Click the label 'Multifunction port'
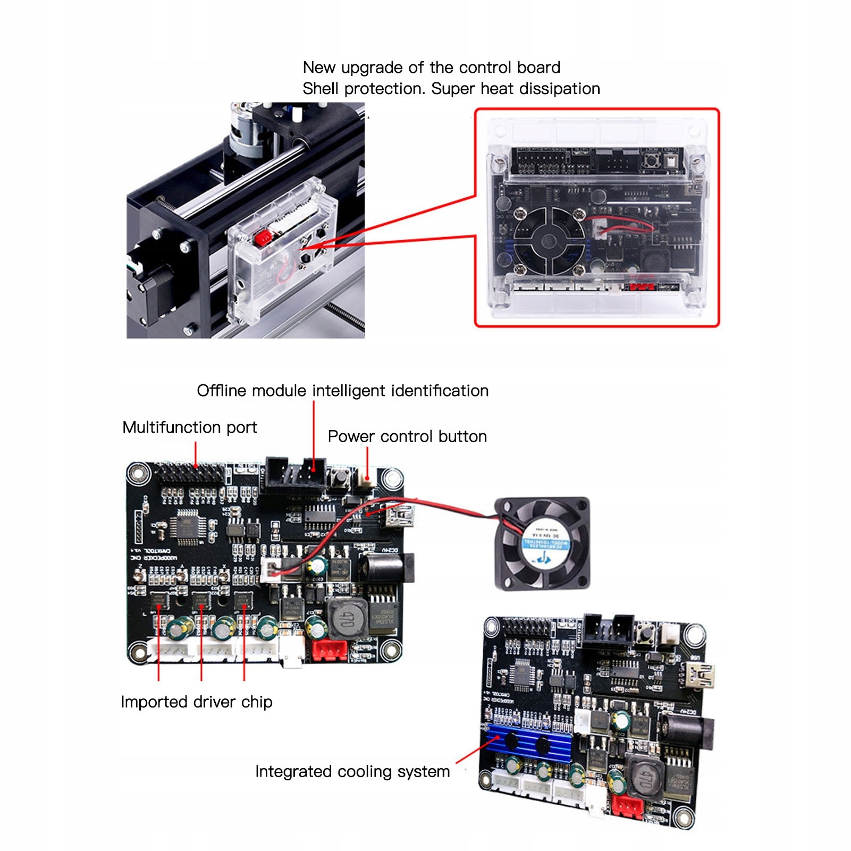(x=189, y=427)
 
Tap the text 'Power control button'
(x=407, y=436)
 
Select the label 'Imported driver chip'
(x=197, y=702)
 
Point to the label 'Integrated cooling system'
(x=352, y=771)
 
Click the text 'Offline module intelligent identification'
(x=342, y=391)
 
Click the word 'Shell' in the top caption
(x=321, y=89)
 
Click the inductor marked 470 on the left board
(x=346, y=618)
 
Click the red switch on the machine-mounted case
(x=263, y=238)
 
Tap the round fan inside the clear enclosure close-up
(x=549, y=241)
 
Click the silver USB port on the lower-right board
(x=700, y=675)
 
